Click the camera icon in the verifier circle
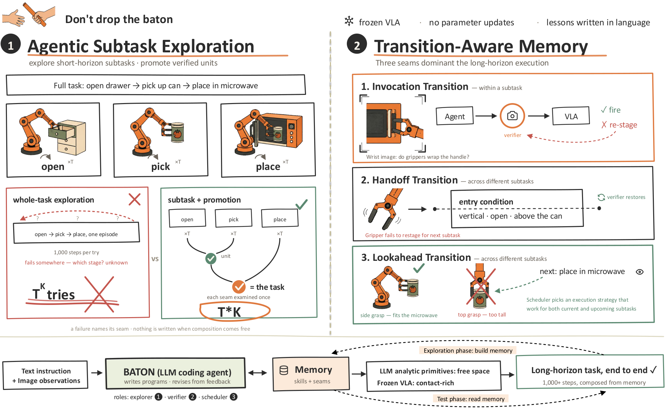pyautogui.click(x=512, y=116)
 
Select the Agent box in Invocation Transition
pyautogui.click(x=455, y=116)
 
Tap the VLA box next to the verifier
pyautogui.click(x=571, y=116)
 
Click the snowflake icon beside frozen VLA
pyautogui.click(x=349, y=21)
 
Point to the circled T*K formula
pyautogui.click(x=235, y=311)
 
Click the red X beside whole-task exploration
pyautogui.click(x=134, y=199)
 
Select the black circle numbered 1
pyautogui.click(x=11, y=44)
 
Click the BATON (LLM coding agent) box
pyautogui.click(x=176, y=373)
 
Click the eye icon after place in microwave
pyautogui.click(x=640, y=272)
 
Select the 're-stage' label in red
pyautogui.click(x=619, y=125)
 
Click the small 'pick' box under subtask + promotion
pyautogui.click(x=234, y=218)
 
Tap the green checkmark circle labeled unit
pyautogui.click(x=211, y=259)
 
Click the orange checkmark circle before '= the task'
pyautogui.click(x=239, y=287)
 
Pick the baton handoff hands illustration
pyautogui.click(x=29, y=15)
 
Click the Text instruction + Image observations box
pyautogui.click(x=45, y=375)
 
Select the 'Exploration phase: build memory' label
pyautogui.click(x=468, y=350)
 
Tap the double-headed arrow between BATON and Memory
pyautogui.click(x=257, y=373)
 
